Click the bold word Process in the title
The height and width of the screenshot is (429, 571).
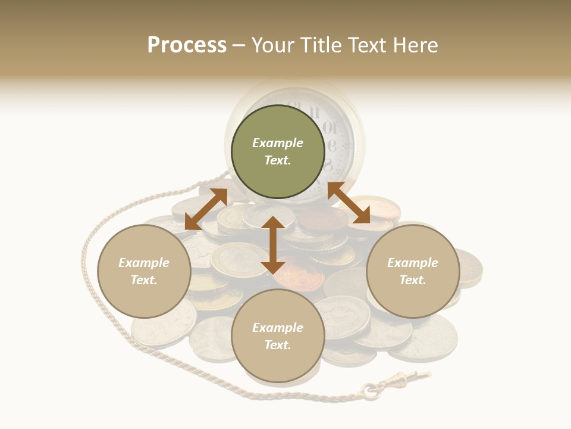click(187, 45)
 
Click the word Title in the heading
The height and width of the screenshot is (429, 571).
click(322, 45)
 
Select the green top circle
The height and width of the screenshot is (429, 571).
click(278, 151)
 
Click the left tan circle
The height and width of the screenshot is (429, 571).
click(144, 271)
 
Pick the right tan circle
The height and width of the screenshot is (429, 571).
click(413, 271)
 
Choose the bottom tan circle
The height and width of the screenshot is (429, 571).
click(278, 336)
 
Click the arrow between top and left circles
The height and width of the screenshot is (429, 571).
click(206, 209)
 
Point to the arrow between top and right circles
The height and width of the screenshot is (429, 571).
click(349, 203)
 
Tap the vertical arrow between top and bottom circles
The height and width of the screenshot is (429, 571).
click(273, 245)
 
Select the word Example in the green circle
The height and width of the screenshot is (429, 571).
click(278, 143)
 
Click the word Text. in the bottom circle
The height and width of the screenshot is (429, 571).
click(278, 345)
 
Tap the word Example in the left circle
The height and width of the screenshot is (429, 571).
click(144, 263)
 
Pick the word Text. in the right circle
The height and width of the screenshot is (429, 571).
click(413, 280)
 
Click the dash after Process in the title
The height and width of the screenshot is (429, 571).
click(239, 45)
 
